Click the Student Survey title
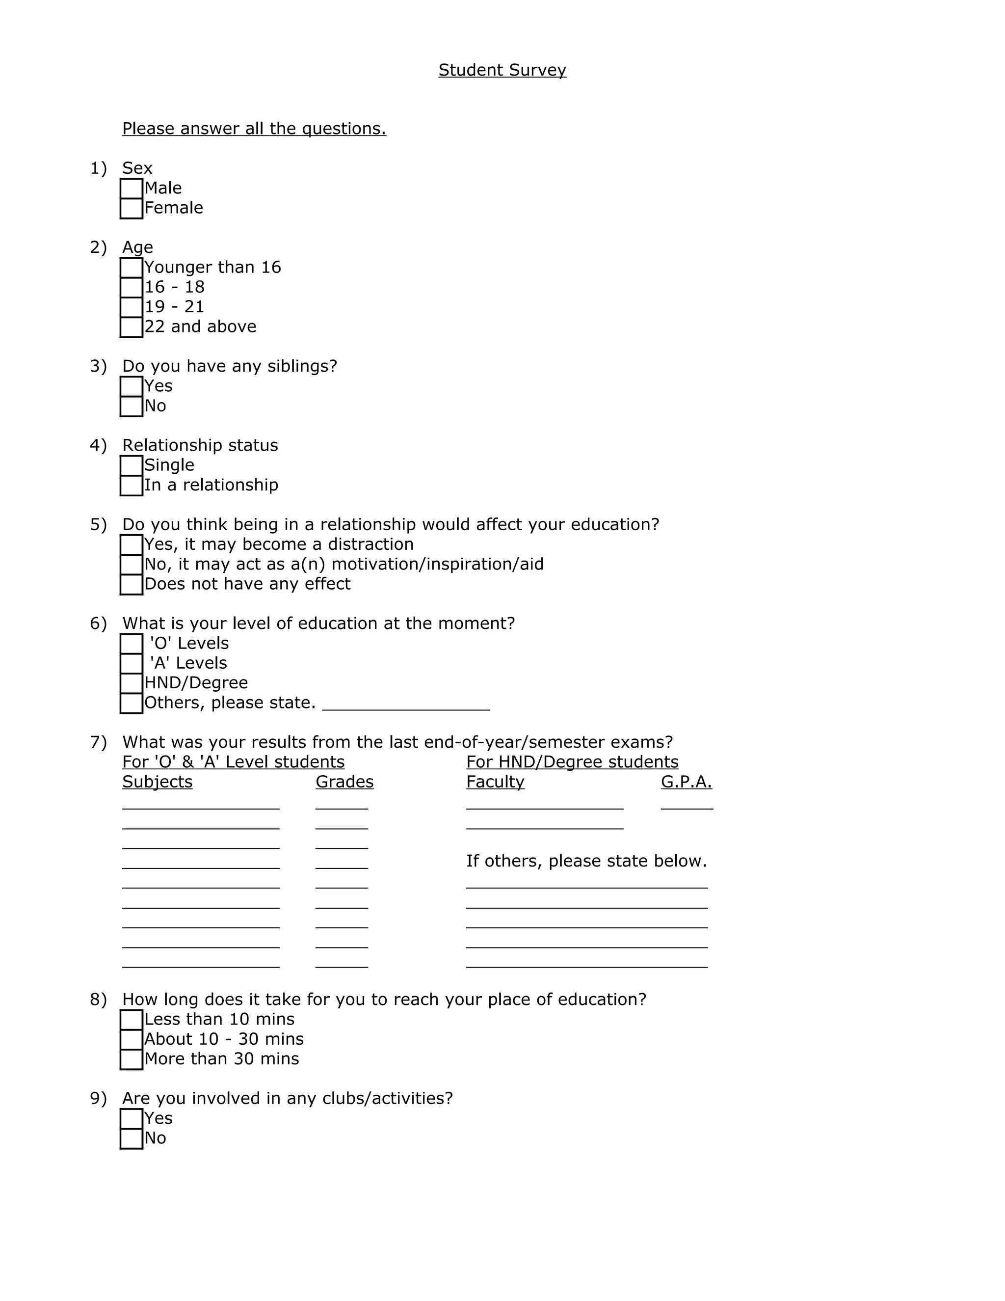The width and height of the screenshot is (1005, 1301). coord(502,70)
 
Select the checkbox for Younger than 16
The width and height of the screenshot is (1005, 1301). coord(131,268)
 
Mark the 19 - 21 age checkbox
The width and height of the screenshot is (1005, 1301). coord(131,307)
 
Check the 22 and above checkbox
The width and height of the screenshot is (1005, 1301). coord(131,327)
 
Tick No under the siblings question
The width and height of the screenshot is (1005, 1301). coord(131,407)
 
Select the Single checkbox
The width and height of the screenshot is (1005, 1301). coord(131,466)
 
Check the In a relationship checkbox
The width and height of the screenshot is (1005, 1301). coord(131,486)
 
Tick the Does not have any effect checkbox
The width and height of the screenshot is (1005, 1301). coord(131,584)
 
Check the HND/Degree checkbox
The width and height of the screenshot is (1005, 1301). coord(131,683)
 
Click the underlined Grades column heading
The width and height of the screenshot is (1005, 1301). coord(344,782)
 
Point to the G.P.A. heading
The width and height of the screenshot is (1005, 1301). coord(686,782)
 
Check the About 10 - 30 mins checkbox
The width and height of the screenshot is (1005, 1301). coord(131,1039)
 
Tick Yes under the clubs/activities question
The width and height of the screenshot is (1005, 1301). coord(131,1119)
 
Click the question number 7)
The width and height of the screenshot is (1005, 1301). coord(98,742)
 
